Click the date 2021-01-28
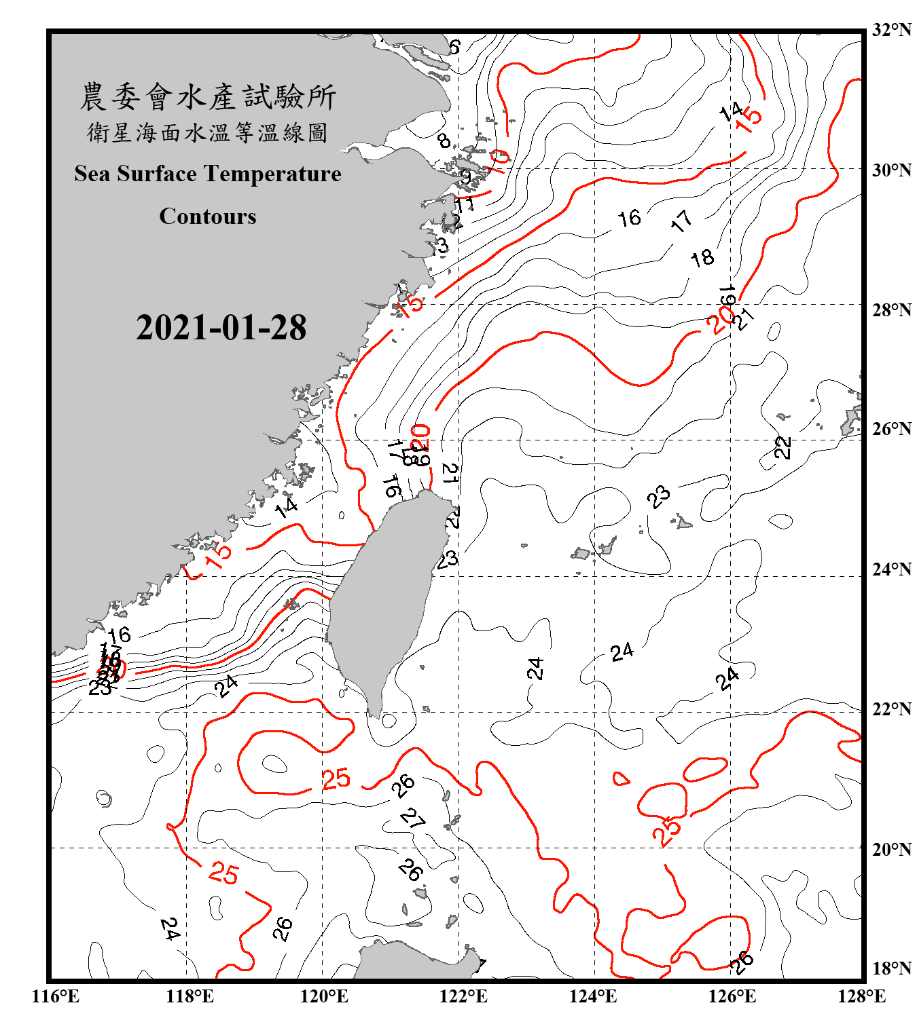click(221, 328)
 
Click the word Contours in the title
click(207, 216)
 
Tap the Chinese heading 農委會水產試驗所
click(207, 96)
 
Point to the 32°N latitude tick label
click(891, 30)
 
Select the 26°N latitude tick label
click(891, 429)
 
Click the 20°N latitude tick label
click(891, 849)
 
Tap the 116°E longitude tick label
click(56, 996)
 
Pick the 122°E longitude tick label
click(463, 996)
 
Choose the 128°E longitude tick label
click(861, 996)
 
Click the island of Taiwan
click(384, 597)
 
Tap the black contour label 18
click(702, 258)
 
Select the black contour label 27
click(412, 818)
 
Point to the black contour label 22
click(783, 447)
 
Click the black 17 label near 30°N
click(681, 221)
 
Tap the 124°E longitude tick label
click(593, 996)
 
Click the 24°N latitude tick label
click(891, 569)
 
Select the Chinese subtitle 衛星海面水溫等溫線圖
click(207, 132)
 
